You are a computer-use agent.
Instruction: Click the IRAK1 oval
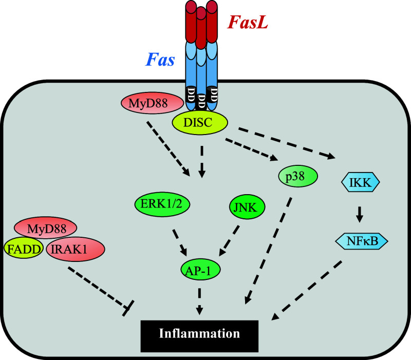(x=75, y=249)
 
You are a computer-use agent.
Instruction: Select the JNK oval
(x=246, y=209)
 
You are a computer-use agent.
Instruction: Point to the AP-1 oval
(x=198, y=268)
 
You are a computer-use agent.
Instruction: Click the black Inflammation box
(x=200, y=333)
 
